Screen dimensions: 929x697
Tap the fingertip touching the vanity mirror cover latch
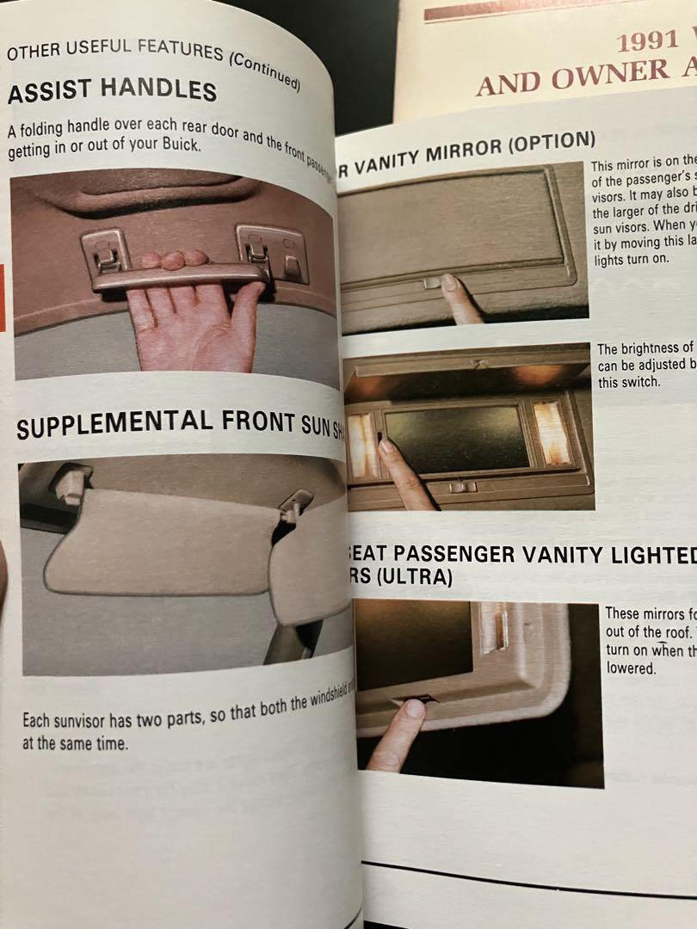click(448, 282)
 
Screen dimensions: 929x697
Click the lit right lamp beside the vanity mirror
click(552, 433)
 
